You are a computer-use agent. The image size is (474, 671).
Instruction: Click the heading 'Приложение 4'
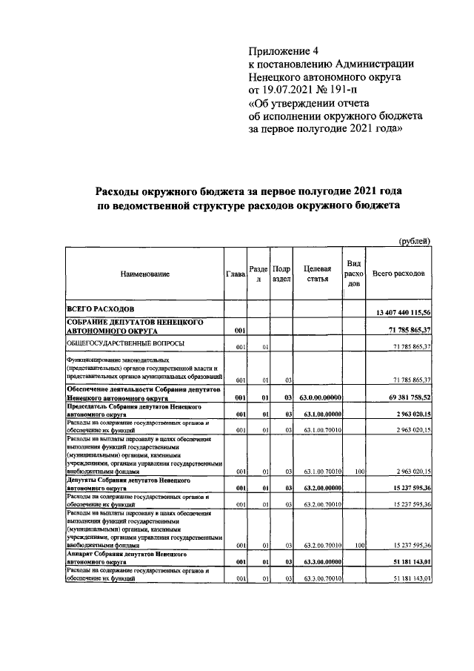click(284, 51)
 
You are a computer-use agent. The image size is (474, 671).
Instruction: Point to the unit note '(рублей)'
click(415, 240)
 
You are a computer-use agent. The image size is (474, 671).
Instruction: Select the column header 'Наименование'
click(145, 274)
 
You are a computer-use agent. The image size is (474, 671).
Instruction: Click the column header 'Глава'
click(235, 274)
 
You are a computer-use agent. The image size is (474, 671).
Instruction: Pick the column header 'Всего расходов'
click(398, 274)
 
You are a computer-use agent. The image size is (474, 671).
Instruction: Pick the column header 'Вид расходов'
click(354, 274)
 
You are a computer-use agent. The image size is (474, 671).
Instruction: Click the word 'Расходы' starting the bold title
click(122, 191)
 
